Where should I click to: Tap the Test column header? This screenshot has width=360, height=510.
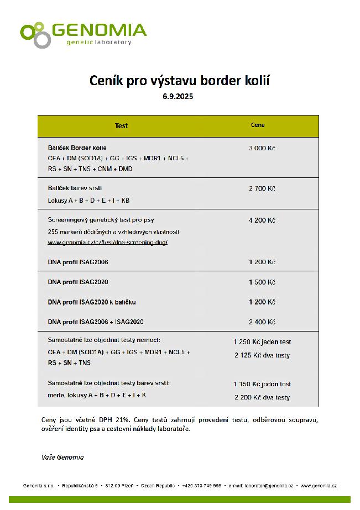point(121,125)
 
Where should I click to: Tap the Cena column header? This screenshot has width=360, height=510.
point(258,125)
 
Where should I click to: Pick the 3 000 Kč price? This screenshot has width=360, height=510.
point(262,149)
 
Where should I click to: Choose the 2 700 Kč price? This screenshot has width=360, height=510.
point(262,188)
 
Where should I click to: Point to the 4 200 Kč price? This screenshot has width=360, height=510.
point(262,220)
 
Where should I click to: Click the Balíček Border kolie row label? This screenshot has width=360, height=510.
point(77,148)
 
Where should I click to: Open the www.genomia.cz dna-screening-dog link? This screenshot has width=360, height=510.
point(107,243)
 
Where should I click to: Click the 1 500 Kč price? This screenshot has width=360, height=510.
point(262,282)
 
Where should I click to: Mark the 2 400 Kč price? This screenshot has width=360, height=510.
point(262,322)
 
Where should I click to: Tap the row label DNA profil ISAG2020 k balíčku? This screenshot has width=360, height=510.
point(92,302)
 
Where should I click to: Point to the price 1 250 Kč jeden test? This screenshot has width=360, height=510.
point(262,342)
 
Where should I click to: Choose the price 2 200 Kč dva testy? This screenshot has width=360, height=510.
point(262,397)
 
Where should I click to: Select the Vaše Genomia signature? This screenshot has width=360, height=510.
point(62,457)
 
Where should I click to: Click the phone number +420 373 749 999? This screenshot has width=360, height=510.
point(201,486)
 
